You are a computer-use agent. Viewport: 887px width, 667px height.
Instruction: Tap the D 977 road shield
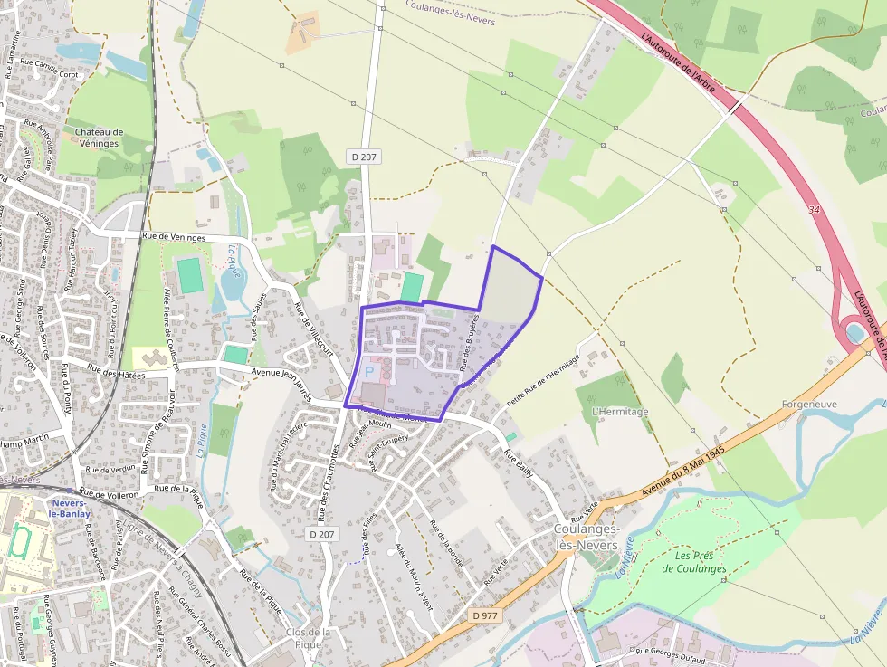(x=485, y=615)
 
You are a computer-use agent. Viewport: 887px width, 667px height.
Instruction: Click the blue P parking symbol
(x=368, y=371)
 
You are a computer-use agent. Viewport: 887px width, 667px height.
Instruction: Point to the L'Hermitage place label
(x=620, y=412)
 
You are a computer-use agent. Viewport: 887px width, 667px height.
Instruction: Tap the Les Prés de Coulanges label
(x=694, y=562)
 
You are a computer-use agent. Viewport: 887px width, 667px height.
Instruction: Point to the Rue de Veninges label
(x=174, y=237)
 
